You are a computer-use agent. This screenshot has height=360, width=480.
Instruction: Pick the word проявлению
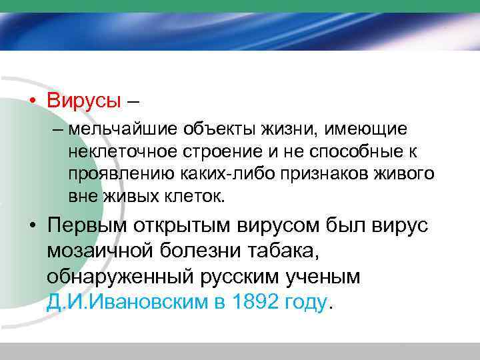coord(119,174)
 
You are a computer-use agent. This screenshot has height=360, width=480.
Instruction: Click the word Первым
coord(85,225)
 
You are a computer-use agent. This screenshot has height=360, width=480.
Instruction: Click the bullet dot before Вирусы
coord(32,101)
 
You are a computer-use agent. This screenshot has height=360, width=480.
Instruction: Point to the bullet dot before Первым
coord(32,227)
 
